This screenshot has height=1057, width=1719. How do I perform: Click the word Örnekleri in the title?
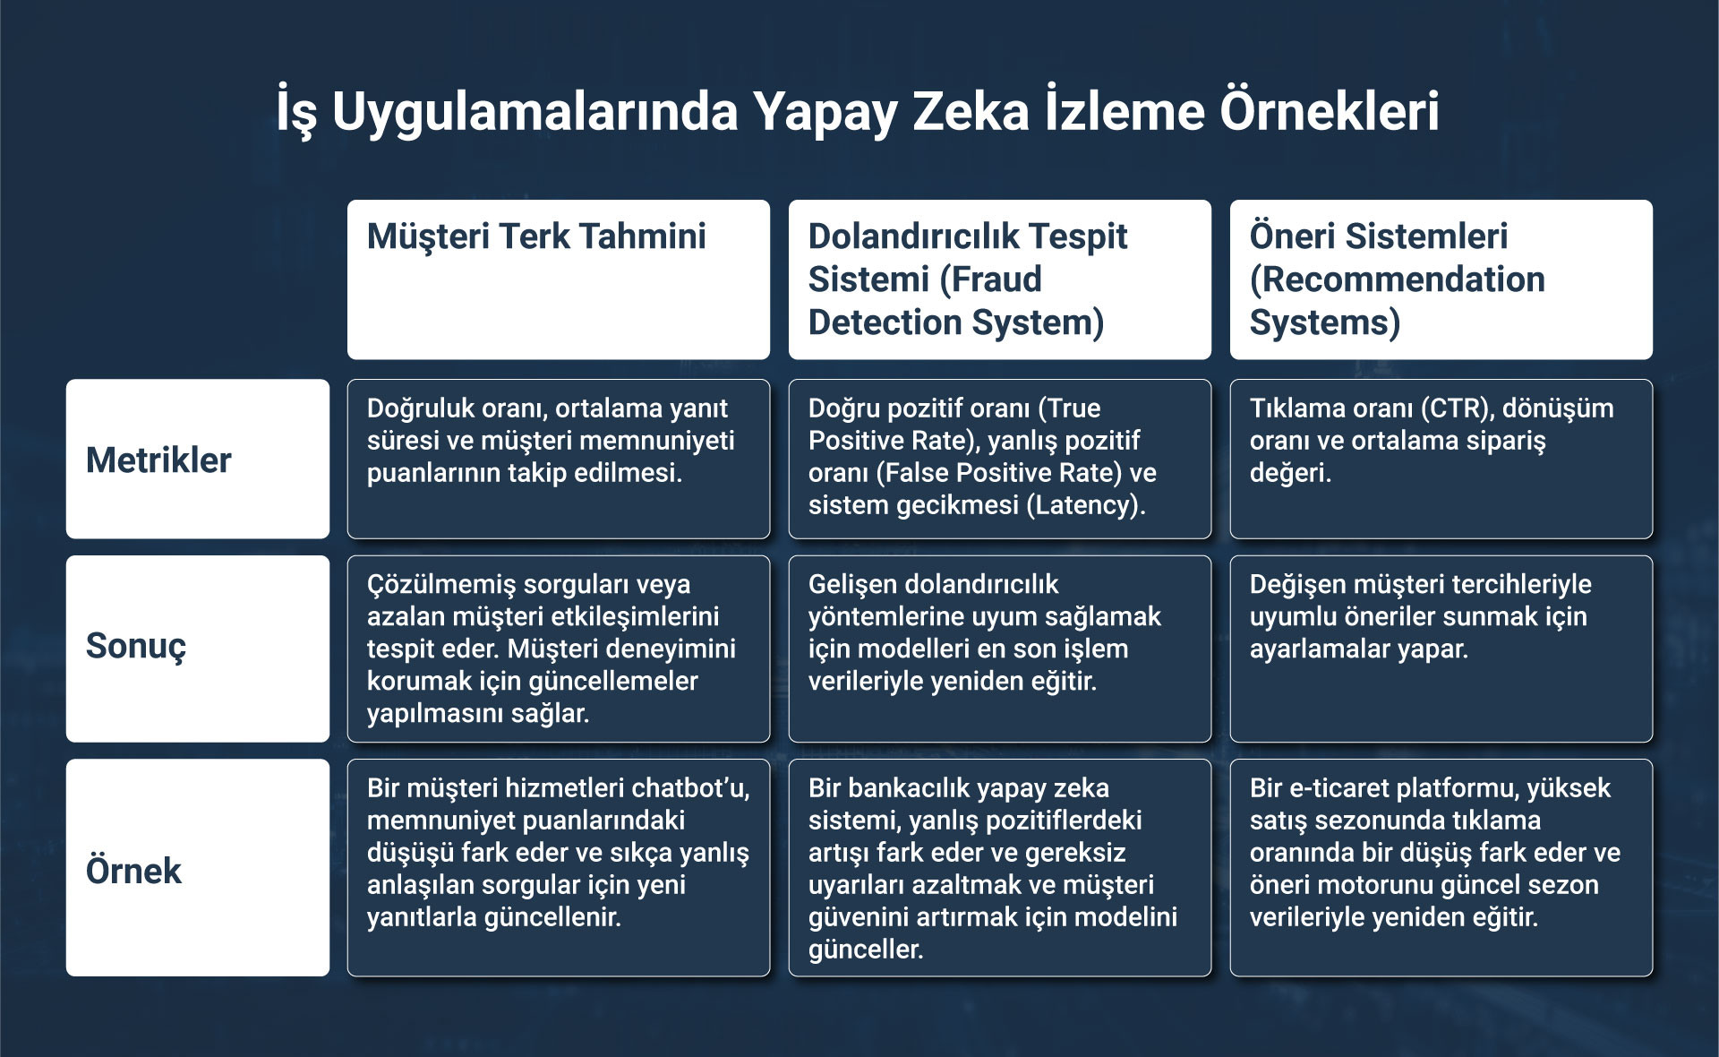coord(1330,110)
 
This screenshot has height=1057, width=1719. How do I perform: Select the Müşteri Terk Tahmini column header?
coord(559,279)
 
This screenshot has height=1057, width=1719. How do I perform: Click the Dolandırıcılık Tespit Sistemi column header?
coord(1000,279)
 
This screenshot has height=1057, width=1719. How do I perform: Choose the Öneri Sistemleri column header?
coord(1441,279)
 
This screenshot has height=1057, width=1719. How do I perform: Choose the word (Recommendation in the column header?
coord(1398,279)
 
